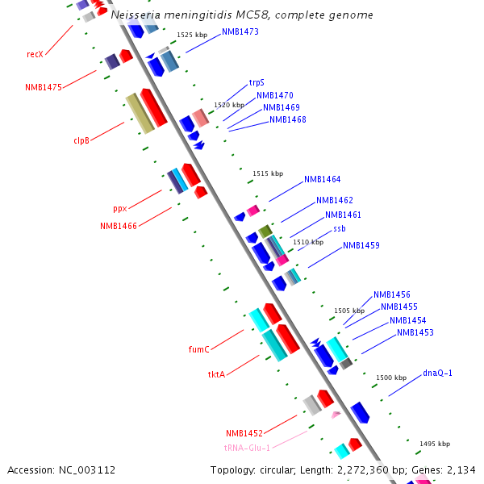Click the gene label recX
(35, 54)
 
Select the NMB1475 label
(44, 87)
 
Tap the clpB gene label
(81, 140)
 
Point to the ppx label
(120, 207)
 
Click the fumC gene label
(198, 349)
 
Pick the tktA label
(216, 374)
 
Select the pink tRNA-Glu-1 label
(247, 448)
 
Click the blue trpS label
(257, 82)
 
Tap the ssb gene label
(339, 229)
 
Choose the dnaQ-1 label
(438, 373)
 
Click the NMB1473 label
(240, 32)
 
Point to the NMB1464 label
(322, 179)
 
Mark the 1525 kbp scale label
(192, 35)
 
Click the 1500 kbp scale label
(391, 378)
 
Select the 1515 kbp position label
(268, 173)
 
